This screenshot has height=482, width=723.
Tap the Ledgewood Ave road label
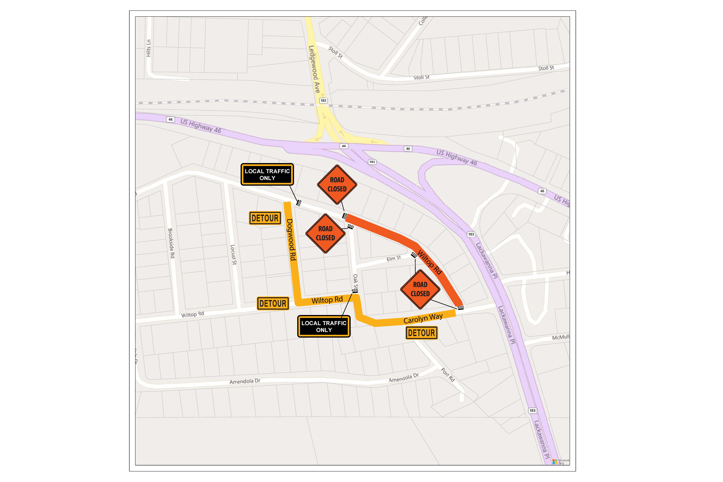point(314,69)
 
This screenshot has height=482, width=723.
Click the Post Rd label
point(448,375)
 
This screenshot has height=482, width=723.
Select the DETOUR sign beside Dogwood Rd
point(265,218)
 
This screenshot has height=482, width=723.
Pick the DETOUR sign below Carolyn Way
point(421,333)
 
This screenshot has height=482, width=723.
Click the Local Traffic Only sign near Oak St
point(324,326)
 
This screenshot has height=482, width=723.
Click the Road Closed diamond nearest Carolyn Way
point(420,289)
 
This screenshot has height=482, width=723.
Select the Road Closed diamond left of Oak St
point(325,233)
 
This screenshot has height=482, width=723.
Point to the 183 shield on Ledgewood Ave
point(323,101)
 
